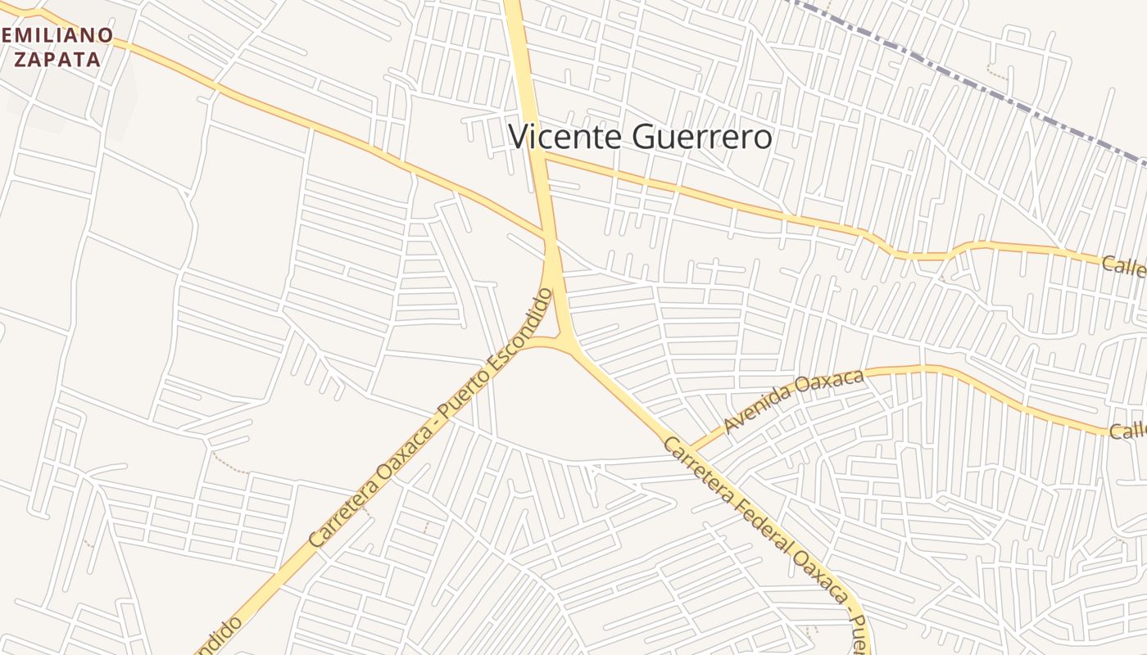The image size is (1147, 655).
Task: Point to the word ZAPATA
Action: [57, 59]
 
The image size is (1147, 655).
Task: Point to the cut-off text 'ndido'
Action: [220, 635]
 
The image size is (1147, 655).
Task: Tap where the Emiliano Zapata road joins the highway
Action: [544, 239]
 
